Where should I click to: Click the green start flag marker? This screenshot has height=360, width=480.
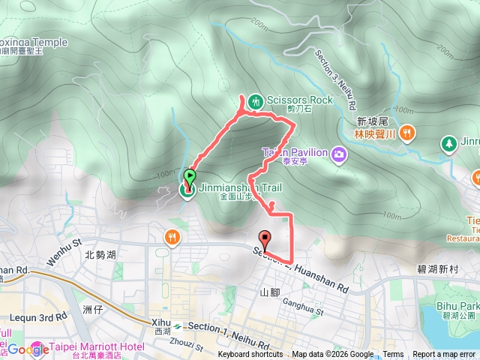click(x=190, y=178)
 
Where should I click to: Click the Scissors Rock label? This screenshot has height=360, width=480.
click(x=298, y=100)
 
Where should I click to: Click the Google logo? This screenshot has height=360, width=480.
click(x=28, y=349)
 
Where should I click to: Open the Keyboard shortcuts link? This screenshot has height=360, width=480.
click(x=250, y=355)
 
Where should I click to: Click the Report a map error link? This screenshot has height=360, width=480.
click(x=445, y=355)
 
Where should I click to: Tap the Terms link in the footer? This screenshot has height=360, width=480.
click(x=393, y=355)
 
